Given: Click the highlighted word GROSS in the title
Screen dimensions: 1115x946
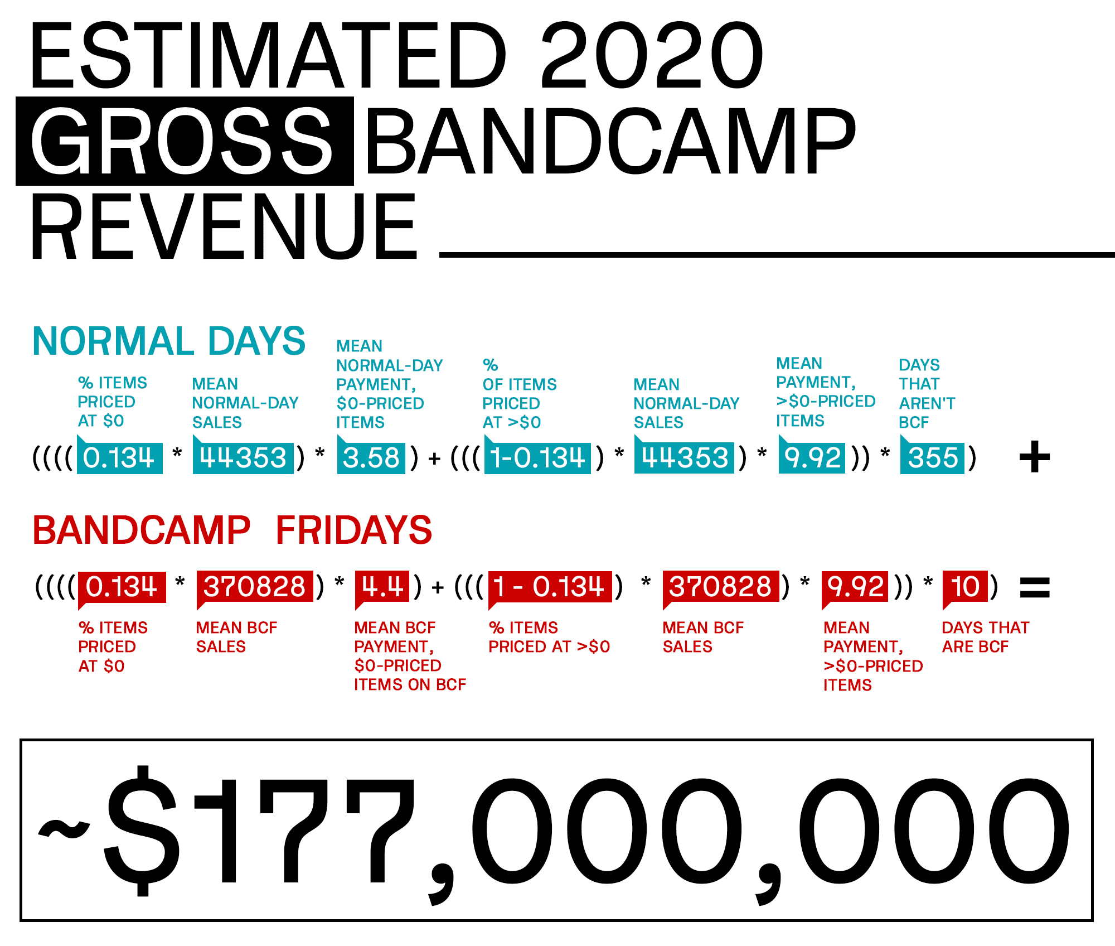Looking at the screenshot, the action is point(185,141).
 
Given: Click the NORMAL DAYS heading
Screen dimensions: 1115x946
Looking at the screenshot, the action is point(169,341).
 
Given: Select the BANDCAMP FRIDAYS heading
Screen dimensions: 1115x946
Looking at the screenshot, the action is point(232,529).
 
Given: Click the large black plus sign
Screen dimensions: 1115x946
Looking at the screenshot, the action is point(1035,457).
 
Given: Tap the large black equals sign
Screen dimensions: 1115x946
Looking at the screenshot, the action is point(1035,587).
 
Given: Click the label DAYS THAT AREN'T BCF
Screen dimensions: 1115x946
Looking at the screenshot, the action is point(927,394).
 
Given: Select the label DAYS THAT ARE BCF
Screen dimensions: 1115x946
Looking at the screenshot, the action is point(986,637).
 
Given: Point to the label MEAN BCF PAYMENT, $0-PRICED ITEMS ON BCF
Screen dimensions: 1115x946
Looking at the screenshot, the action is point(410,656).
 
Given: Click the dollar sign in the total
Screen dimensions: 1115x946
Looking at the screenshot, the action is point(142,831).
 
